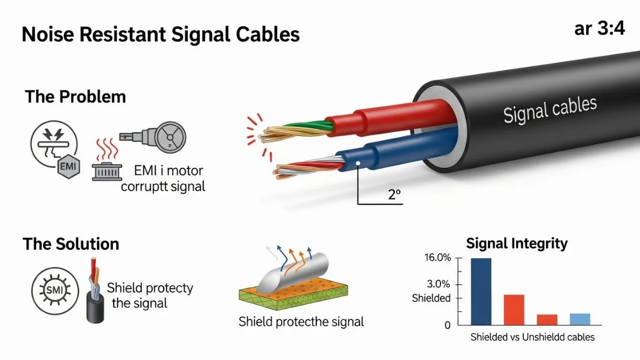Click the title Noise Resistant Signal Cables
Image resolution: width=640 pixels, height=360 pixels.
click(x=161, y=35)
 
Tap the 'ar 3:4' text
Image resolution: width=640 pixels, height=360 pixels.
click(x=599, y=29)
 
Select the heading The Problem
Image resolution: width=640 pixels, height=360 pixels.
click(x=75, y=97)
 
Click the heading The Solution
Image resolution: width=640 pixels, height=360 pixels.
click(x=71, y=244)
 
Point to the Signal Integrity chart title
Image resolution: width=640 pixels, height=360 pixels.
click(x=517, y=244)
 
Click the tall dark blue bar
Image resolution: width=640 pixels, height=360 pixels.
click(x=481, y=291)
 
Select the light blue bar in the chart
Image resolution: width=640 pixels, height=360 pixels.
click(x=580, y=319)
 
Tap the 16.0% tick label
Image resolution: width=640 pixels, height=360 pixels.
click(x=438, y=258)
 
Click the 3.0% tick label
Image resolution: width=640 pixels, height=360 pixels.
click(x=439, y=284)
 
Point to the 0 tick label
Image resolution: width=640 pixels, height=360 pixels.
click(x=447, y=325)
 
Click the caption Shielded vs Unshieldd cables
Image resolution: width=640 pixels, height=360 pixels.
click(x=532, y=337)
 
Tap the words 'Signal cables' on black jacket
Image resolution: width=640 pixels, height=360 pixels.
click(x=549, y=109)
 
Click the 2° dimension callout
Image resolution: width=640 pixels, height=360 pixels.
click(x=394, y=194)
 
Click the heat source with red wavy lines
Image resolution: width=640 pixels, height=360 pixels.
click(x=107, y=162)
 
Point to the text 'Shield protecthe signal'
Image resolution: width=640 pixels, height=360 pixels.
click(x=301, y=322)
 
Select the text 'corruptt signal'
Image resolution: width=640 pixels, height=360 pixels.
click(x=163, y=187)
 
